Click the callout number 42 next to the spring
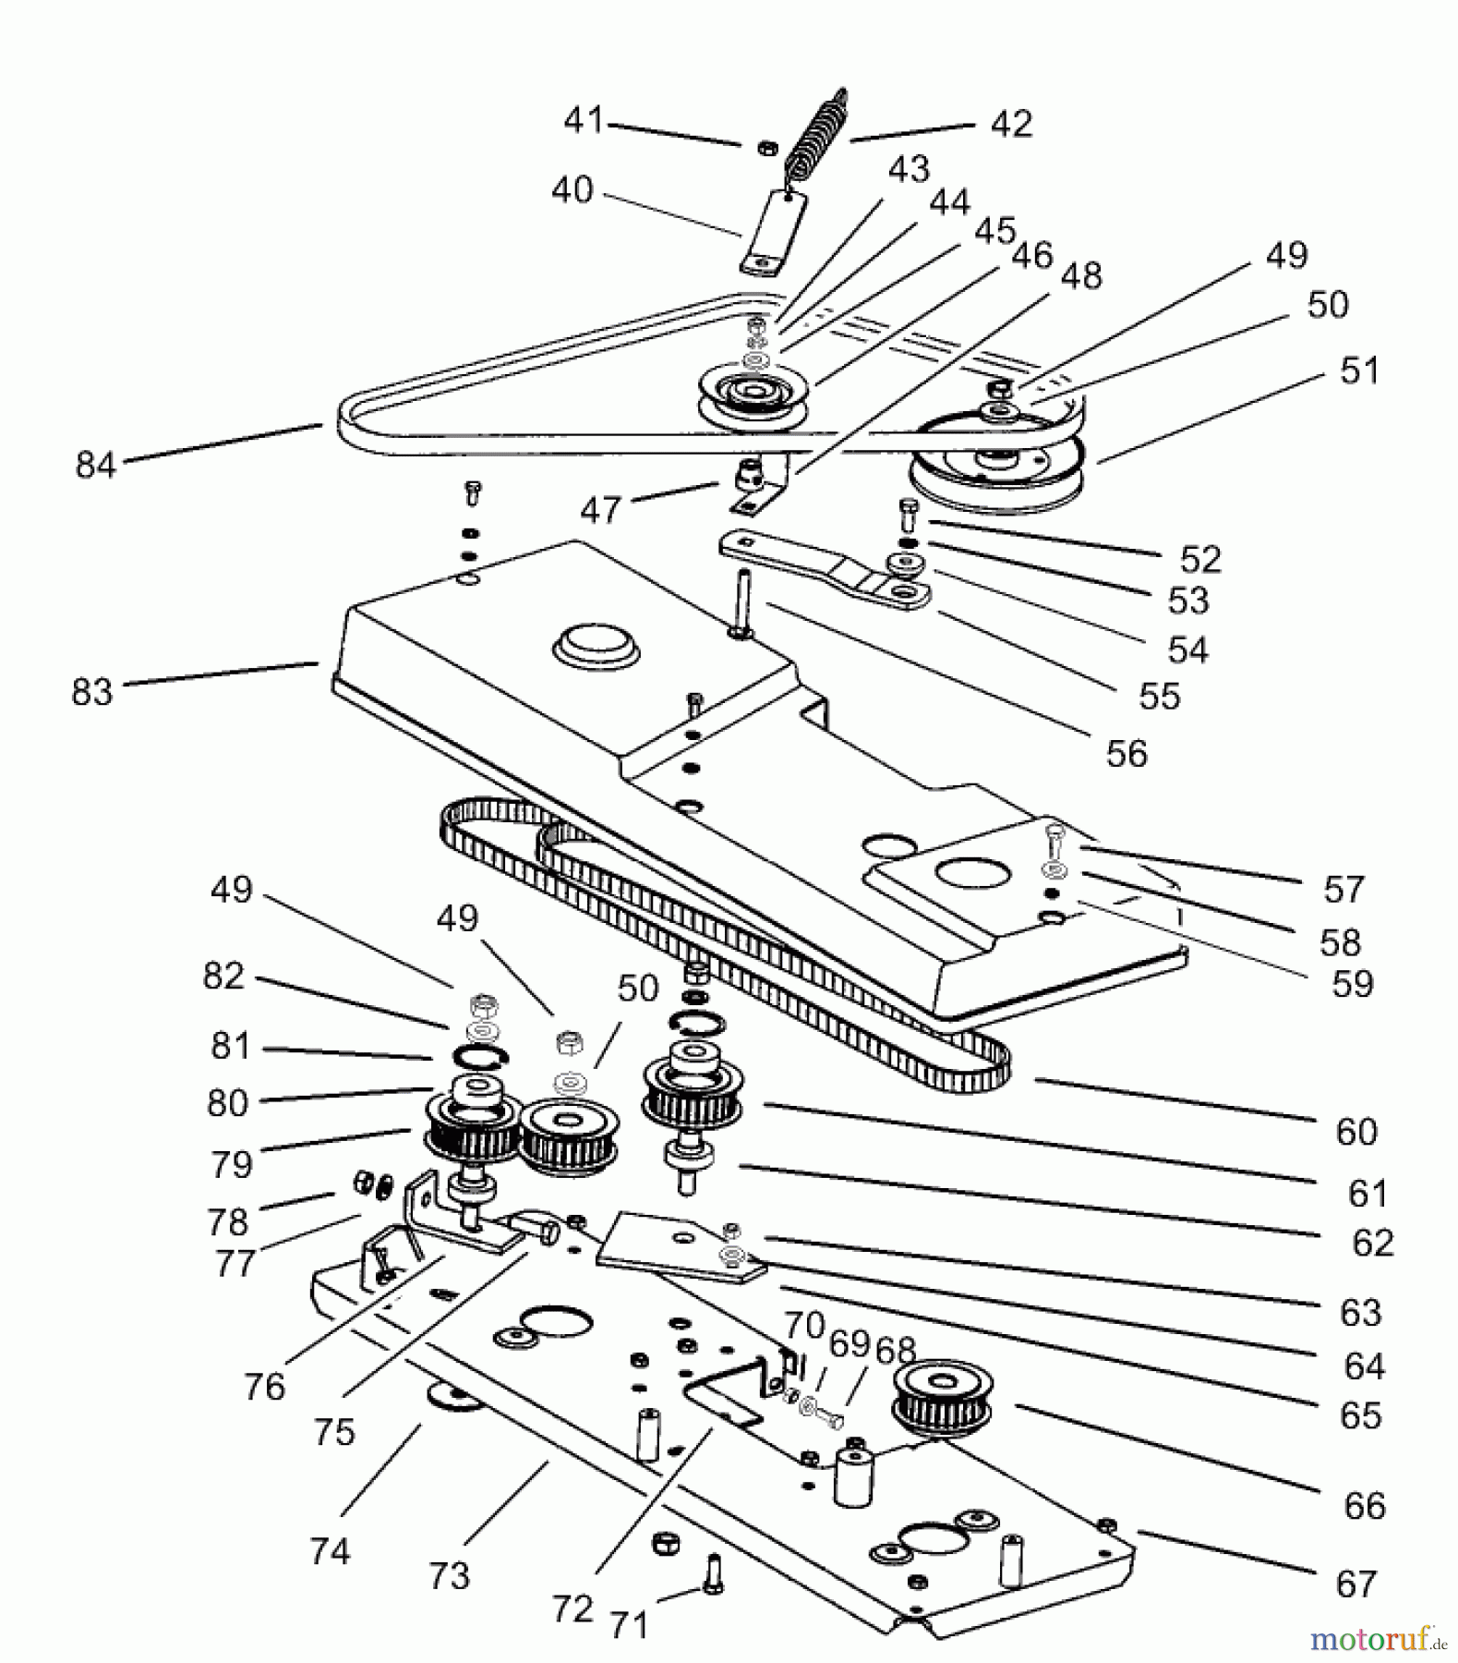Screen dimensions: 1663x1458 (1011, 124)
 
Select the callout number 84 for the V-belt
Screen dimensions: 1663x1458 (95, 464)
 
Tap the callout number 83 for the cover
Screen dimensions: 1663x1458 (91, 691)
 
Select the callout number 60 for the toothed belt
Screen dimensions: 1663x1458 (1356, 1131)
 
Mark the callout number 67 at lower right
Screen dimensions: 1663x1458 (1356, 1584)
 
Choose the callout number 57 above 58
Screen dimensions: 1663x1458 (1343, 890)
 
